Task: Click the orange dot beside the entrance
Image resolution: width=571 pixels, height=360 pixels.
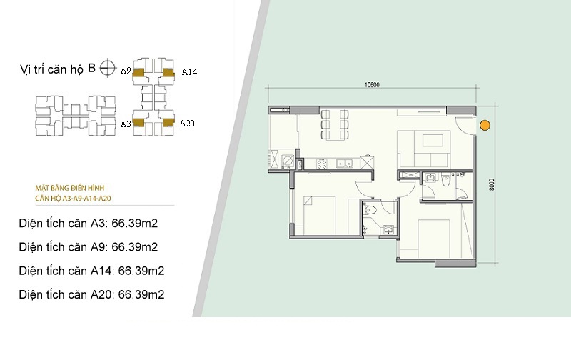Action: [485, 125]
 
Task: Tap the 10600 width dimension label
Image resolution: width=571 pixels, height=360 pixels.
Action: [372, 85]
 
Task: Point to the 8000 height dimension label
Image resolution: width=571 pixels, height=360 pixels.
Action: [492, 184]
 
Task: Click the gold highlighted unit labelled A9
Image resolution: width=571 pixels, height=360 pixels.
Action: [138, 72]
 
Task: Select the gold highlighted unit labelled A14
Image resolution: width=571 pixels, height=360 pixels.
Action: [168, 73]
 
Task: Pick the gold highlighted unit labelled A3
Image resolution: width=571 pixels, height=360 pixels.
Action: [138, 122]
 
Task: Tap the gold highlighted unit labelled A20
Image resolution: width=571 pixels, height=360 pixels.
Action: [168, 122]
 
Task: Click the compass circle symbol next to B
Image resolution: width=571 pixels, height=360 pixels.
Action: [107, 68]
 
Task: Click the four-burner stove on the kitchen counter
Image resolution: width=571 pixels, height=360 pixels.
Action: [322, 164]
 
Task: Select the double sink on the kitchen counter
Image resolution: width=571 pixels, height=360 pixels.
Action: [345, 164]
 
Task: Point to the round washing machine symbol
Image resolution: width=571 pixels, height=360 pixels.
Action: [288, 160]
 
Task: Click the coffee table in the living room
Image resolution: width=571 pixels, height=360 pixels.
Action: [433, 140]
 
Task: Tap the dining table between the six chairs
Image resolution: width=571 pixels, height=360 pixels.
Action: [335, 124]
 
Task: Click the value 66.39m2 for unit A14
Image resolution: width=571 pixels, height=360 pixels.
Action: [141, 271]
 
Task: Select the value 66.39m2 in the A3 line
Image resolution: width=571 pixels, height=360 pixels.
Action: [135, 223]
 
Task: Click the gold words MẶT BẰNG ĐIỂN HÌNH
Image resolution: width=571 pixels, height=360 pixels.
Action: [70, 188]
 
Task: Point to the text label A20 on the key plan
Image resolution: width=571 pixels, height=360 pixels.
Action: [187, 124]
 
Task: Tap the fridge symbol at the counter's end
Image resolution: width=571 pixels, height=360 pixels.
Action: [367, 163]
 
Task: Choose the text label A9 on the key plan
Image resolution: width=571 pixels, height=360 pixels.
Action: [126, 70]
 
